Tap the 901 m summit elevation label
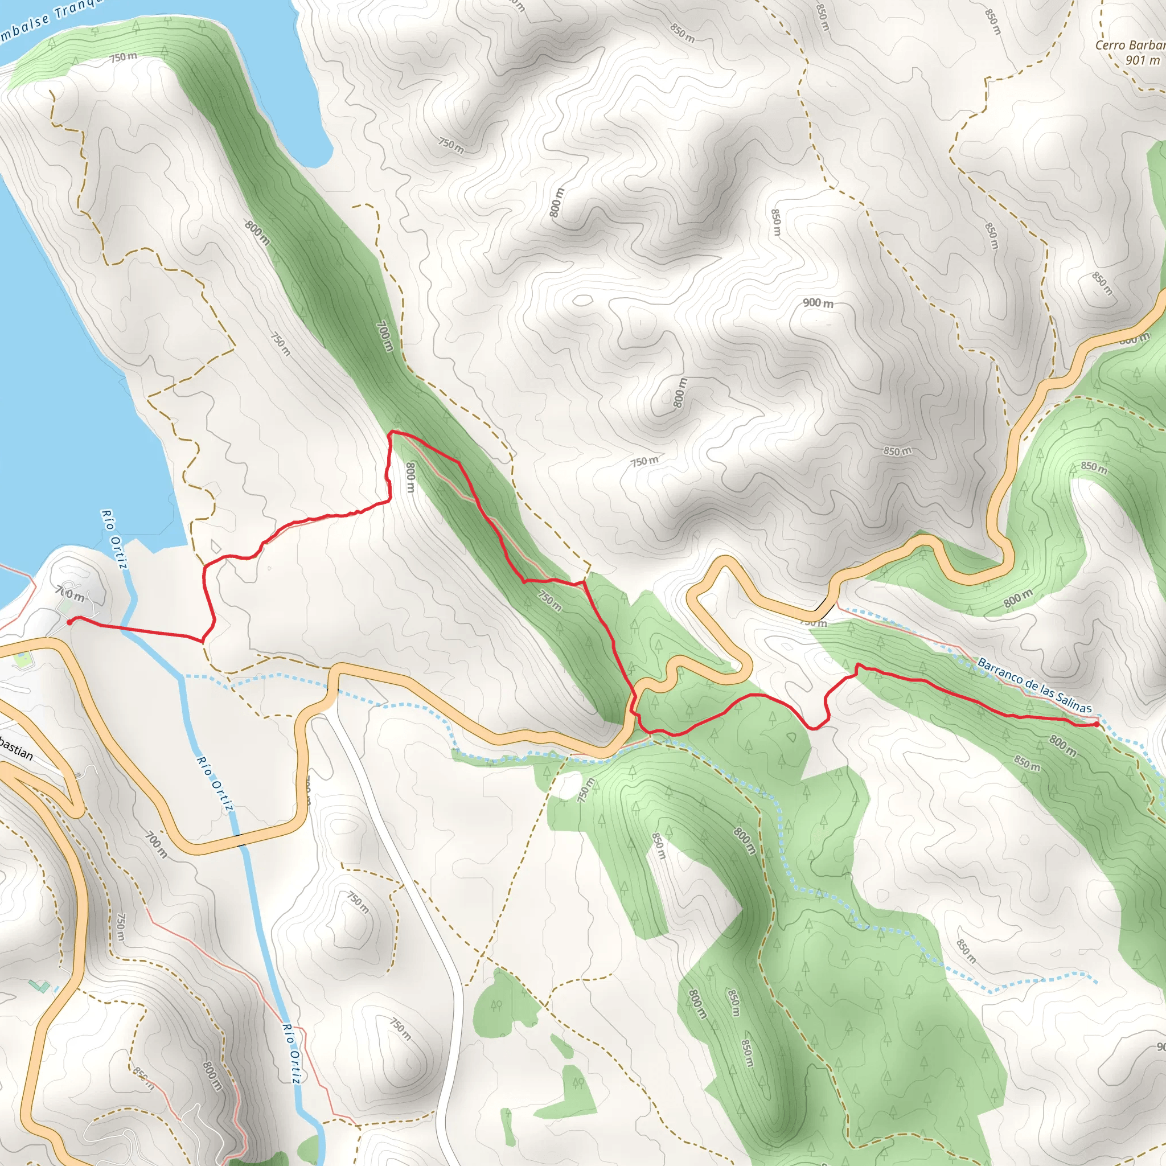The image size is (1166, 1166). coord(1142,60)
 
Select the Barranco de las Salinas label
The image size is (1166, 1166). coord(1034,685)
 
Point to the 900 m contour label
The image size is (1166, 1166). coord(818,302)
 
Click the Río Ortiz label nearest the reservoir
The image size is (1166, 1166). coord(114,539)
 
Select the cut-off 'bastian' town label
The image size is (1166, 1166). coord(16,748)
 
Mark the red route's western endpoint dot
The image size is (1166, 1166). coord(69,622)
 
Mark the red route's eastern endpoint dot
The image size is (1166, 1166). coord(1095,724)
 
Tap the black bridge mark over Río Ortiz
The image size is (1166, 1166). coord(240,840)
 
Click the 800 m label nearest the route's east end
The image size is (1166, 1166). coord(1063,745)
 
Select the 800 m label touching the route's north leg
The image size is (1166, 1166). coord(410,477)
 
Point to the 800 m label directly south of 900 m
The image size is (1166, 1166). coord(680,392)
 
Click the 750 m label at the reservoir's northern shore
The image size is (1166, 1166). coord(123,58)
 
